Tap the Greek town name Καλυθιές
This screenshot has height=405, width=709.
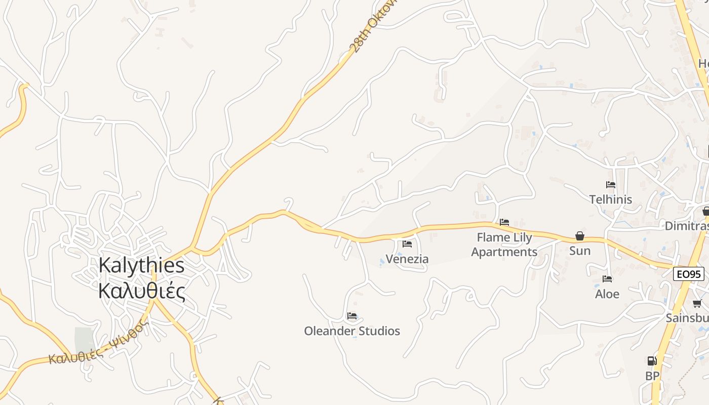(x=142, y=292)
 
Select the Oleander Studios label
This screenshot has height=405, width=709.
(x=352, y=331)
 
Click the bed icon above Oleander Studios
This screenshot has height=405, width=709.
(x=352, y=316)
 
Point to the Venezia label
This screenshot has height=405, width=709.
(x=407, y=259)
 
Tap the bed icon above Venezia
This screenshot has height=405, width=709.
(x=407, y=244)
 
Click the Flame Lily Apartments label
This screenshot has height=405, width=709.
(x=504, y=245)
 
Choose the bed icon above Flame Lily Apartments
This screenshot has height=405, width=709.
(x=504, y=222)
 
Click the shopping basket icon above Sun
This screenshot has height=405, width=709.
(x=580, y=236)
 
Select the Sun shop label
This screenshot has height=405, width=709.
(x=580, y=251)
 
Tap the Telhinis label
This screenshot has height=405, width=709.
(x=611, y=199)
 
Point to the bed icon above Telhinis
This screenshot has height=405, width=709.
(x=611, y=185)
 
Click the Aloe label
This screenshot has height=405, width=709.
(x=607, y=294)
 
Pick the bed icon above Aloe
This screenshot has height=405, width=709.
(x=607, y=279)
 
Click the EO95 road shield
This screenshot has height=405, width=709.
(x=689, y=274)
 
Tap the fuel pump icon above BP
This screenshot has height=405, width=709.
(x=652, y=361)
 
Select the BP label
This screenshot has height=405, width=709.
(x=652, y=376)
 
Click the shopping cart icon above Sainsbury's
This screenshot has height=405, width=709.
(x=697, y=304)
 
